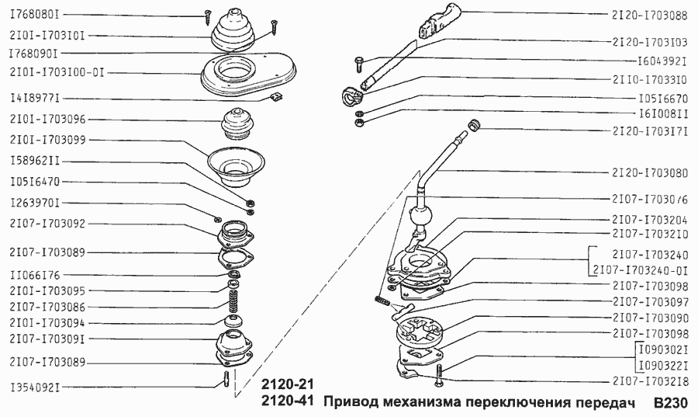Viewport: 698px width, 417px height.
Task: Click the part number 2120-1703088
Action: pos(649,14)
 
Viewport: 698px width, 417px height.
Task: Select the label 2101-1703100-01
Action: pos(56,73)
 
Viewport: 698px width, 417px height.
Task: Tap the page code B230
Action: pos(669,404)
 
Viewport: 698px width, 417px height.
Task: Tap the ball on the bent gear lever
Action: pos(421,214)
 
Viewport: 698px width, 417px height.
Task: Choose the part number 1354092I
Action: pos(35,386)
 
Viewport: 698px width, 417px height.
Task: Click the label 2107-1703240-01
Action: pos(640,270)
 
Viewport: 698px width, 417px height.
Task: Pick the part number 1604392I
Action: pos(662,61)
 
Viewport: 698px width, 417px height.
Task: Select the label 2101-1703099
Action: pos(48,140)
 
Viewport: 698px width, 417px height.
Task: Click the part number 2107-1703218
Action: pos(649,381)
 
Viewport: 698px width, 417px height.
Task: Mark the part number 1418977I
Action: pos(35,99)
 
